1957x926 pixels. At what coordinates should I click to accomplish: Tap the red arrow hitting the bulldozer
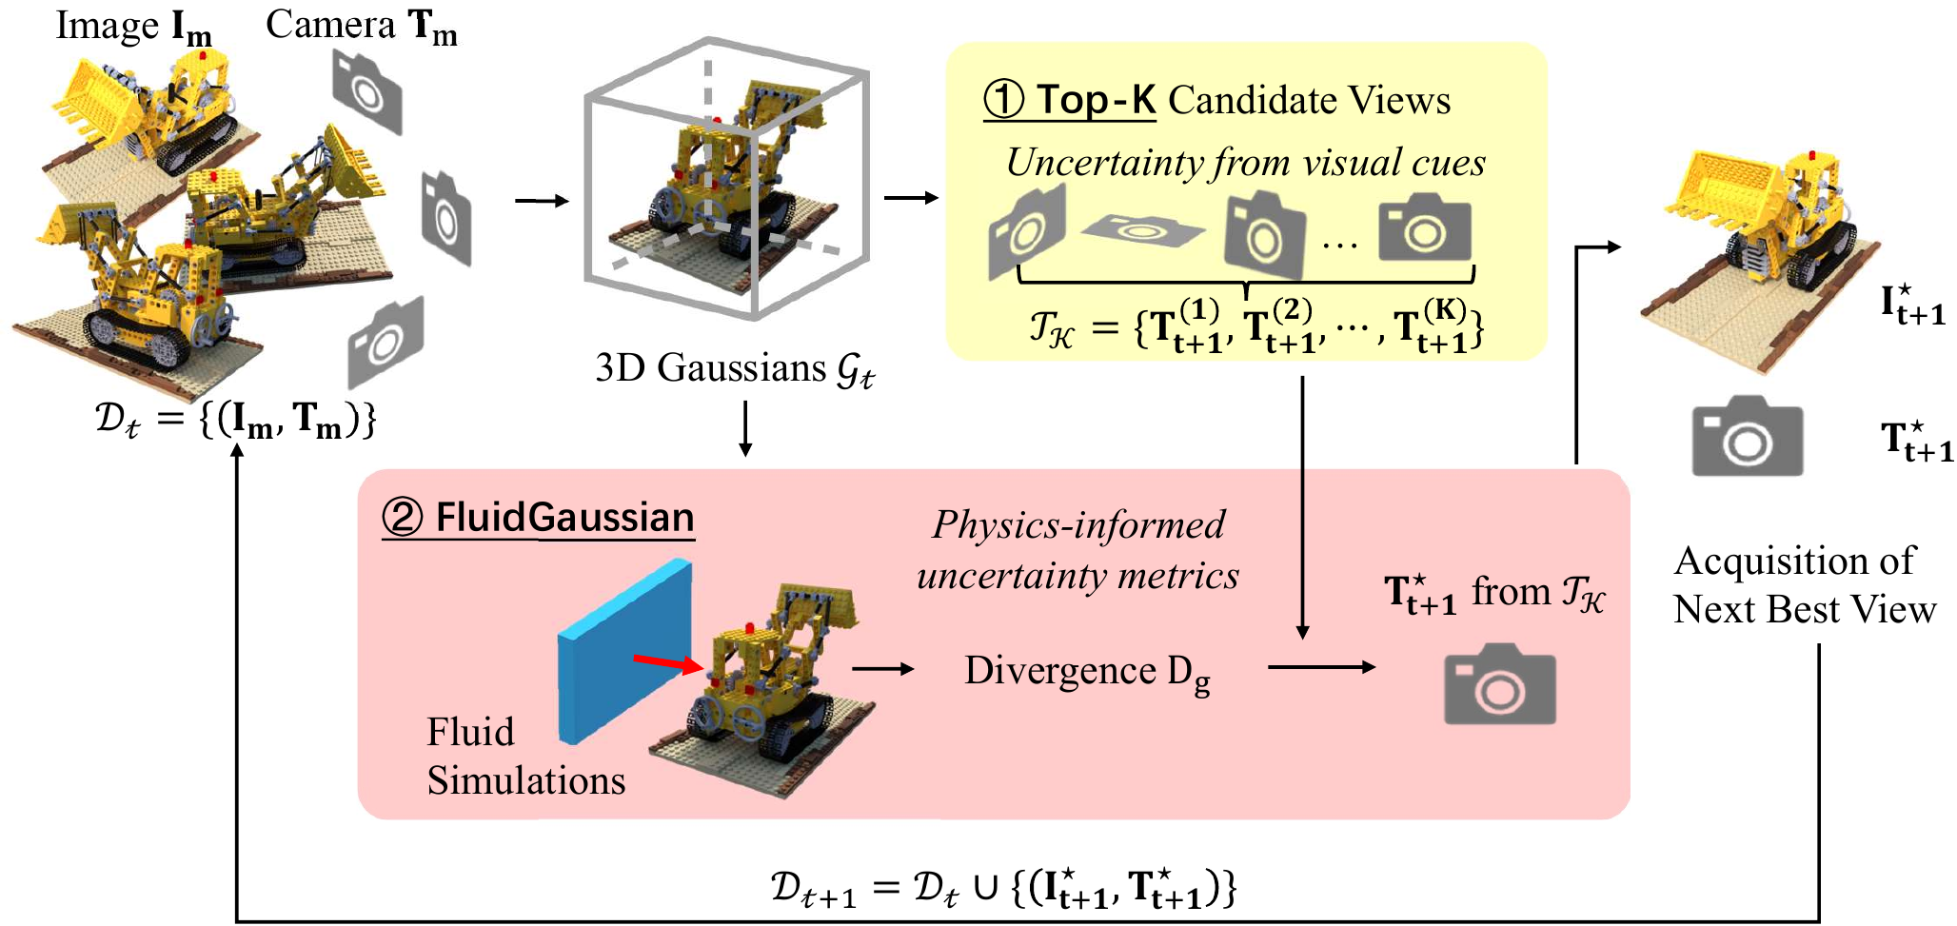point(667,662)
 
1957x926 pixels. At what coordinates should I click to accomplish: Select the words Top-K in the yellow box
point(1096,100)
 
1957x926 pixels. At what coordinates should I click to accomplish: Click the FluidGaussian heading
point(564,518)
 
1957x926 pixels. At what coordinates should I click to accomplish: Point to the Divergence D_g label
point(1086,672)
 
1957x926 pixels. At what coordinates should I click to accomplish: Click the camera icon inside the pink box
point(1499,685)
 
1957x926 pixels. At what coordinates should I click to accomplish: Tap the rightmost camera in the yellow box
point(1424,227)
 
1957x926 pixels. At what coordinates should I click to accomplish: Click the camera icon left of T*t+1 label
point(1747,437)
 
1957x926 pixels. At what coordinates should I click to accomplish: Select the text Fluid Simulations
point(524,757)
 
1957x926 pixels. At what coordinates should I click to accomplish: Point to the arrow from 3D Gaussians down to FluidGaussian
point(745,428)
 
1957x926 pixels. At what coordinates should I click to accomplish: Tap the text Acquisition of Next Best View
point(1804,585)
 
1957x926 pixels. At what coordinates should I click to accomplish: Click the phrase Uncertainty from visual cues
point(1245,163)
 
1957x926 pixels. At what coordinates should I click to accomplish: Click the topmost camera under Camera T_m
point(366,90)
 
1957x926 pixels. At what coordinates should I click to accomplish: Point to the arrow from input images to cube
point(542,201)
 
